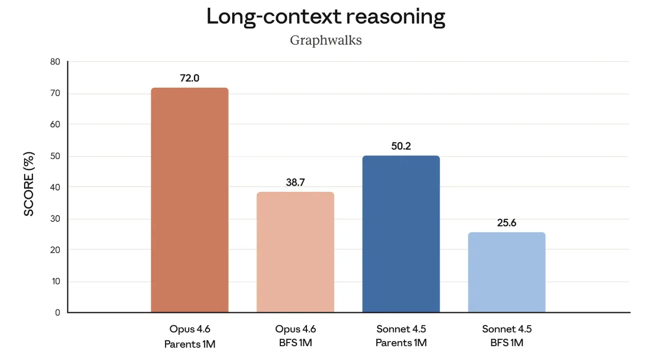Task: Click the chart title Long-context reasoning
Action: [326, 17]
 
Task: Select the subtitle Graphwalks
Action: [326, 40]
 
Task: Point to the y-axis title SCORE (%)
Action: [29, 184]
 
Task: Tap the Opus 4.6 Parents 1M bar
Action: [190, 200]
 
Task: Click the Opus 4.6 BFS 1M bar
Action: [295, 252]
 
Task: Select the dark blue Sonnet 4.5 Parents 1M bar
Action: [401, 234]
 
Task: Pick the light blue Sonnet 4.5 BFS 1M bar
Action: [506, 272]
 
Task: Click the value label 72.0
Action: [190, 78]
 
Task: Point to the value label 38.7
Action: [295, 183]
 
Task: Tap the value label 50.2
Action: [401, 146]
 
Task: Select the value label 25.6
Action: [506, 223]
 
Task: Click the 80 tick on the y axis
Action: [54, 62]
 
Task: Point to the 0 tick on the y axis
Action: [57, 312]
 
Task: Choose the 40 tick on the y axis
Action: [54, 187]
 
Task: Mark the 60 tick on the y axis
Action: [54, 125]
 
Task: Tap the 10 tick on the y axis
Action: [54, 281]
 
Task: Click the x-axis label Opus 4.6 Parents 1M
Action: [190, 336]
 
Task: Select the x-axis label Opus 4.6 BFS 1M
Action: [295, 336]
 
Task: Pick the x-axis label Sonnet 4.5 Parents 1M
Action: [401, 336]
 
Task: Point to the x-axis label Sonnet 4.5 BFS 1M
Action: [506, 336]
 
